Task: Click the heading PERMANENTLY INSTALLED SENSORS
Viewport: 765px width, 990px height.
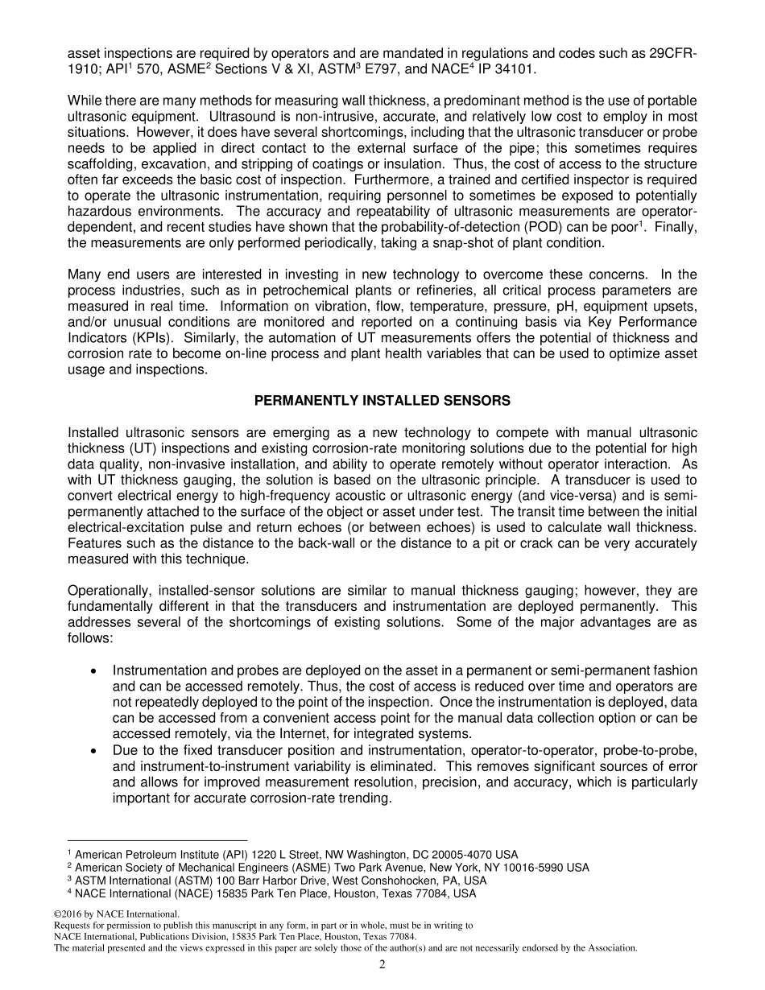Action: pyautogui.click(x=382, y=401)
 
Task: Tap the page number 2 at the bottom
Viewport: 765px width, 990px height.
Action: pyautogui.click(x=382, y=965)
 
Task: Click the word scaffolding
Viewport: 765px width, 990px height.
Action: pyautogui.click(x=101, y=164)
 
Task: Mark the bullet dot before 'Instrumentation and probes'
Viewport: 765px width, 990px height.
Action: pyautogui.click(x=96, y=670)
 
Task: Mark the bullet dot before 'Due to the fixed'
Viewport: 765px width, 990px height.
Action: pyautogui.click(x=96, y=750)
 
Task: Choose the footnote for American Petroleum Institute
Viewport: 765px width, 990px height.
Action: pyautogui.click(x=293, y=854)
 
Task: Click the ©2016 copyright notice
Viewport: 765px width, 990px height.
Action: pyautogui.click(x=116, y=914)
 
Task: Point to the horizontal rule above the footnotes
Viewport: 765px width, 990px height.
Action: pyautogui.click(x=157, y=840)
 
